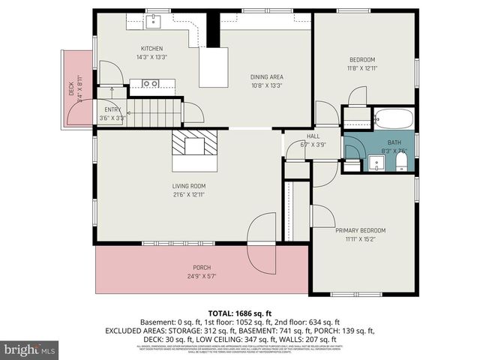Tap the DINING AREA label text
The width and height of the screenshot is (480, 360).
268,76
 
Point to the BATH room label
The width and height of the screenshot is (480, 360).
394,142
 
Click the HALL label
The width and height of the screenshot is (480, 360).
304,136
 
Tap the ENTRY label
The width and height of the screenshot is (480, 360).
112,109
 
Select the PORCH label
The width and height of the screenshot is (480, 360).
201,268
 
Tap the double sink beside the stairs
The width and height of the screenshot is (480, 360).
151,83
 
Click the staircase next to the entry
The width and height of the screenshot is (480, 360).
157,113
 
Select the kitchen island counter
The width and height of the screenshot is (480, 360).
213,67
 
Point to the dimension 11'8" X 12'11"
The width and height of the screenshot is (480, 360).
362,68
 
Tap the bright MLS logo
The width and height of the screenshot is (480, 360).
30,349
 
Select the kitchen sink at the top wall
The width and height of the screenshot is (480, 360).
154,20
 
